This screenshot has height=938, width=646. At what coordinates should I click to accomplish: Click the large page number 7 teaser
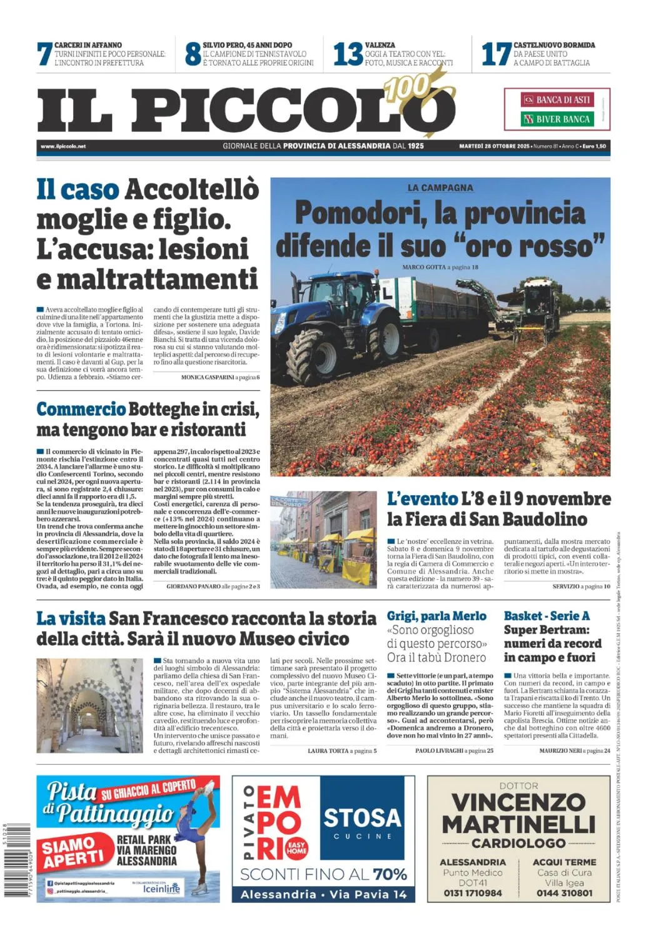pos(44,54)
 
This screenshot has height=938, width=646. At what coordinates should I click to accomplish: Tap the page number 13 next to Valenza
pos(347,54)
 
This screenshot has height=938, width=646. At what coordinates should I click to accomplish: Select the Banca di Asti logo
pos(557,99)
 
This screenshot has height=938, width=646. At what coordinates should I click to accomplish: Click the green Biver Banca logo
pos(557,119)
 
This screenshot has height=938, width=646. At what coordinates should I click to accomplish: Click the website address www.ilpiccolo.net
pos(63,146)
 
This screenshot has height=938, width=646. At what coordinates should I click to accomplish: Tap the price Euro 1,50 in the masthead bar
pos(593,146)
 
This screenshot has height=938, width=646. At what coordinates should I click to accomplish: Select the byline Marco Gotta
pos(423,267)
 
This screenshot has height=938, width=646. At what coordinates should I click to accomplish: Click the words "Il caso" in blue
pos(77,189)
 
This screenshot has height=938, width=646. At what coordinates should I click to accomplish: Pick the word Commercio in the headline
pos(81,410)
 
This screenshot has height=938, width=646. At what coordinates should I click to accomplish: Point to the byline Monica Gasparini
pos(208,378)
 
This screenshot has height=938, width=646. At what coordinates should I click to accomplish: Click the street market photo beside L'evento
pos(323,539)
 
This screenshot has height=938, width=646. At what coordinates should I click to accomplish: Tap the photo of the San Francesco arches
pos(89,705)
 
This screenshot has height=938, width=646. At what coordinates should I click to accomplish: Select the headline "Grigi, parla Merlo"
pos(437,616)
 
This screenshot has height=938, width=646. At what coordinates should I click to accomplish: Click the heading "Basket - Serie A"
pos(547,616)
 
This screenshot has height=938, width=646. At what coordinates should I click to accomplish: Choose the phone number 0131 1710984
pos(473,893)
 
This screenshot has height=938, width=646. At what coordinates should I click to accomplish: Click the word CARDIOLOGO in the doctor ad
pos(518,843)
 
